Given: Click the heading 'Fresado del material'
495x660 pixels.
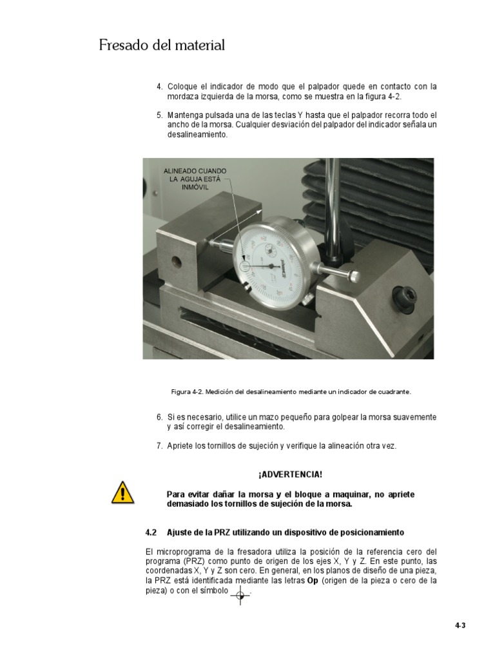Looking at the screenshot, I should (x=162, y=46).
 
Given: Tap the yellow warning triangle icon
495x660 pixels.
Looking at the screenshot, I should (x=122, y=494).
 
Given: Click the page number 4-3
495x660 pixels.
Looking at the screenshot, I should (x=460, y=625).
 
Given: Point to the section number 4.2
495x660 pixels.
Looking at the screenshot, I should (x=151, y=532).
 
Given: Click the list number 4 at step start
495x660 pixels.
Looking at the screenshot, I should (x=159, y=86).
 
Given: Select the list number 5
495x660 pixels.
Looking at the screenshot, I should (x=159, y=115).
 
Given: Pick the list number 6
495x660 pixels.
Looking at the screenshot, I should (x=159, y=417).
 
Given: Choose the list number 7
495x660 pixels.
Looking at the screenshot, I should (x=159, y=446).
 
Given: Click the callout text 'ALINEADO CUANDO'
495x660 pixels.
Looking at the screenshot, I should (x=195, y=170).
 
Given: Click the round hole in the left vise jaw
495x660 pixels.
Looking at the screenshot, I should (x=175, y=262).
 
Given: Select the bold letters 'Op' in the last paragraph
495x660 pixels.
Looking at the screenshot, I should (x=311, y=580).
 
